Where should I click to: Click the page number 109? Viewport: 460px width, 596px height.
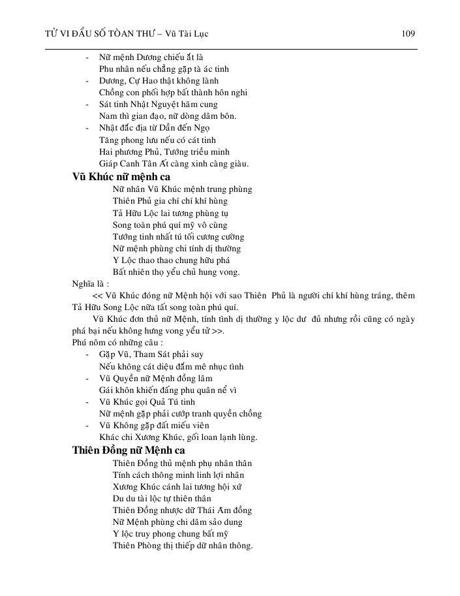(408, 33)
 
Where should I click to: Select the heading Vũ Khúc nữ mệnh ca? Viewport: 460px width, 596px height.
(121, 176)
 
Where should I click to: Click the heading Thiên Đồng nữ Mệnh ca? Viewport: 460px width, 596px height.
(129, 450)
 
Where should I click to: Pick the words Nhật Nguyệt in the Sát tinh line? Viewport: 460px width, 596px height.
(158, 104)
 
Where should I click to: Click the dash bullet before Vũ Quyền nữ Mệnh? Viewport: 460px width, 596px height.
(87, 379)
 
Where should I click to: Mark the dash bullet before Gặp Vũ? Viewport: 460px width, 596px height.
(87, 354)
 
